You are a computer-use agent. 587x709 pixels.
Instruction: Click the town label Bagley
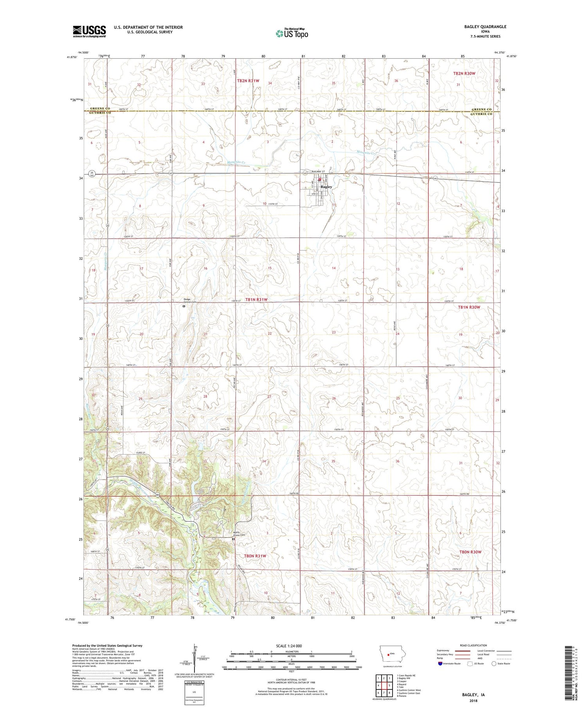click(x=326, y=187)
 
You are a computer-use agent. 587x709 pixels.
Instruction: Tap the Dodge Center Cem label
click(x=189, y=301)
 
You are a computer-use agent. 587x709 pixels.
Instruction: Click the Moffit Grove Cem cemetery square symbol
click(x=234, y=539)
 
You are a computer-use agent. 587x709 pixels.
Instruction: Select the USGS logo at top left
click(x=89, y=31)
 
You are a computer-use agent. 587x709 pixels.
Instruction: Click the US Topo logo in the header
click(x=292, y=34)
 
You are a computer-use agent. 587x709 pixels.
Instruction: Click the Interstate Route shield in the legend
click(x=440, y=664)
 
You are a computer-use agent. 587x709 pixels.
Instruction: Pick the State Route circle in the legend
click(x=494, y=664)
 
